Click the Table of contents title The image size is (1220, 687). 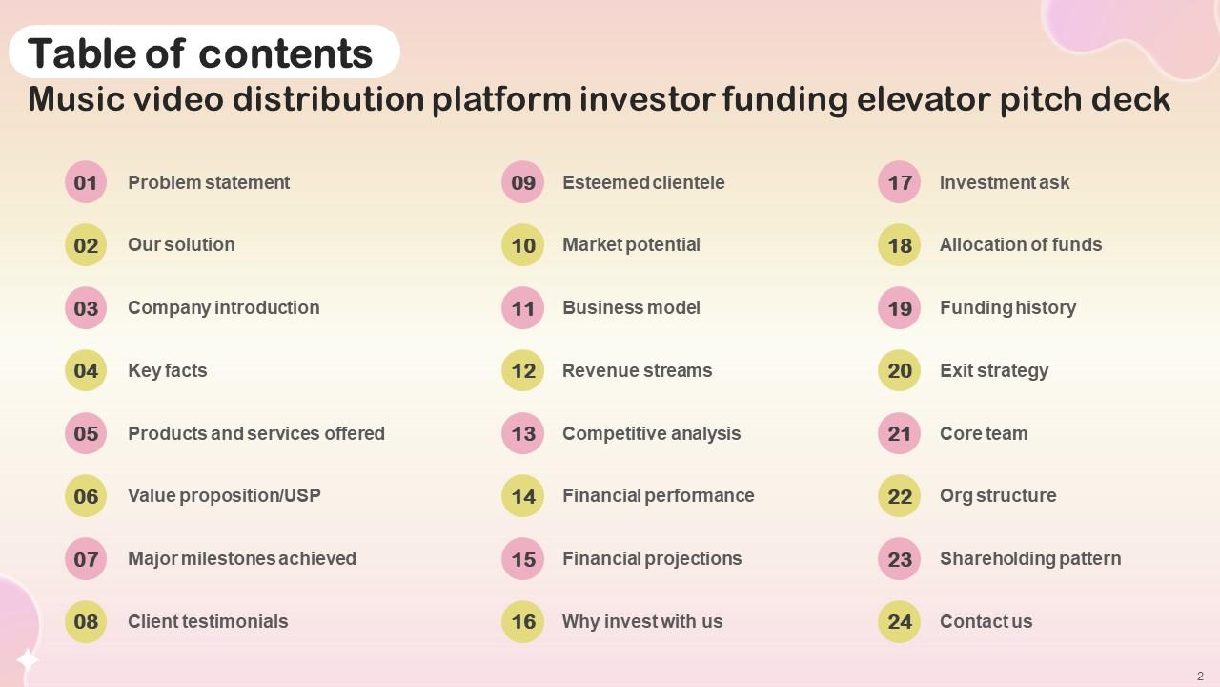click(x=200, y=53)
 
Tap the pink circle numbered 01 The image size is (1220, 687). click(x=86, y=182)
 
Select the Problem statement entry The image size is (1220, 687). click(x=209, y=182)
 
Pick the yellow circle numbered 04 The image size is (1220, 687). click(x=86, y=370)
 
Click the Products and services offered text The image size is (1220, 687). click(x=256, y=433)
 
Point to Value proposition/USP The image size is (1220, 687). click(x=224, y=495)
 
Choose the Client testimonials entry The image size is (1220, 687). click(x=208, y=621)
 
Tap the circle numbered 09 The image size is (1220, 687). click(x=522, y=182)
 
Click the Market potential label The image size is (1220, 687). click(x=631, y=244)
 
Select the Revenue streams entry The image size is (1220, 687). click(x=637, y=370)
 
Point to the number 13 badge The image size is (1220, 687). click(x=522, y=433)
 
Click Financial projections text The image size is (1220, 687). click(x=652, y=558)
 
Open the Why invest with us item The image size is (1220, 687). click(x=642, y=621)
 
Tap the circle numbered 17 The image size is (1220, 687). click(x=899, y=182)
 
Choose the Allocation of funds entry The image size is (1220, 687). click(x=1021, y=244)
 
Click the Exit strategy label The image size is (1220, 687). click(x=994, y=370)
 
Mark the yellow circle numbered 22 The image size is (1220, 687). click(x=899, y=496)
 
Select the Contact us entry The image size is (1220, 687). click(x=986, y=621)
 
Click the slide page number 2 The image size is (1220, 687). click(x=1200, y=676)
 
